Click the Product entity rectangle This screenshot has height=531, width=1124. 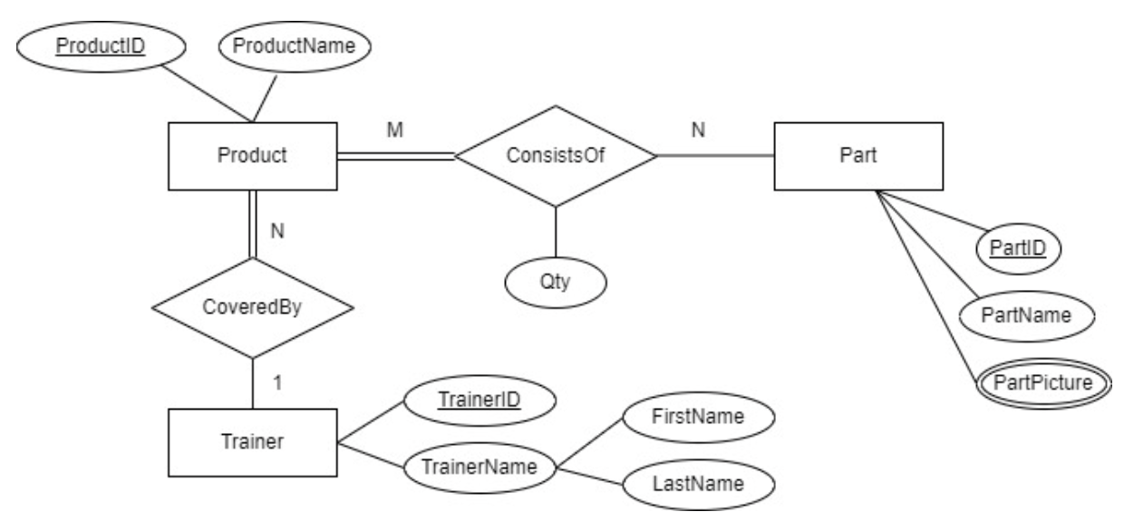[252, 156]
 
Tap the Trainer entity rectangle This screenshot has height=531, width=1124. [253, 442]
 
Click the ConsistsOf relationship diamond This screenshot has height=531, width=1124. [555, 156]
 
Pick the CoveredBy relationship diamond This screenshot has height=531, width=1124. [253, 307]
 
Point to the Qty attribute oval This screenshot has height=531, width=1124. [555, 281]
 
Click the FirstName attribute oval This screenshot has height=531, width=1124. [698, 417]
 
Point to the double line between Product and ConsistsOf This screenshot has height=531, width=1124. [395, 157]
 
